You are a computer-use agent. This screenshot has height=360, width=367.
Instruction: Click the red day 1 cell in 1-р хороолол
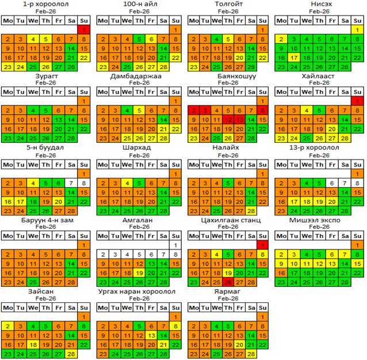[x=83, y=29]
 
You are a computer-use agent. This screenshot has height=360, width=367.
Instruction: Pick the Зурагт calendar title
[x=39, y=76]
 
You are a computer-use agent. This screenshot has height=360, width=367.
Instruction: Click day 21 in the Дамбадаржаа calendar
[x=164, y=129]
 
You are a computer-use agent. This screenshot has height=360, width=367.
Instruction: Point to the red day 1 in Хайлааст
[x=357, y=101]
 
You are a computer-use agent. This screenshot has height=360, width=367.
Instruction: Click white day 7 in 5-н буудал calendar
[x=71, y=183]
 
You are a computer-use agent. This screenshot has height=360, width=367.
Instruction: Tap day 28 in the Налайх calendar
[x=253, y=210]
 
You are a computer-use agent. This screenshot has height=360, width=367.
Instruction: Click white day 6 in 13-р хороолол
[x=332, y=183]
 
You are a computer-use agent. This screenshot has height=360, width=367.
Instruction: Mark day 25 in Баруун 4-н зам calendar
[x=33, y=282]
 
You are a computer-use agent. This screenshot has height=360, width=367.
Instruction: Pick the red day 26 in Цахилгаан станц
[x=228, y=282]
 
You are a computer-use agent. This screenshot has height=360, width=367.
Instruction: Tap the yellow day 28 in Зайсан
[x=71, y=354]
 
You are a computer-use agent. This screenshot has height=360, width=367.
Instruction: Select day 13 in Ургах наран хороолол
[x=151, y=335]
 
